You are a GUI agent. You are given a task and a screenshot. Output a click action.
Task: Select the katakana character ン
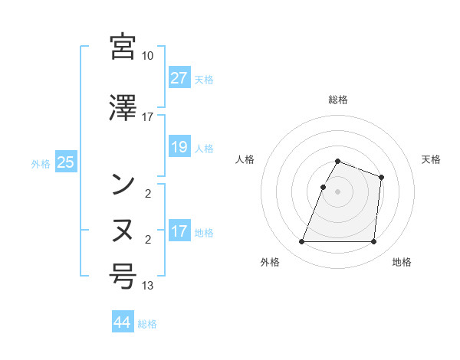(x=123, y=183)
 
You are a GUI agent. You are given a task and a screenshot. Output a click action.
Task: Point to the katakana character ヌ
(x=123, y=229)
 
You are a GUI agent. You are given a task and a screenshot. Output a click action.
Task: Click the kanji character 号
(x=123, y=275)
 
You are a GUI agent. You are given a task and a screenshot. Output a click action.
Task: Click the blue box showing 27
(x=179, y=78)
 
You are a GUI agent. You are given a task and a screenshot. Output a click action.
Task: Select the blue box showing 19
(x=179, y=147)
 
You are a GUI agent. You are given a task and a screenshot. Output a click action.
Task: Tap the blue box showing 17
(x=179, y=231)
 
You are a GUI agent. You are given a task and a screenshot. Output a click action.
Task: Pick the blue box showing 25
(x=65, y=162)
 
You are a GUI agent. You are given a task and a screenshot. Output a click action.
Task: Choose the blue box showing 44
(x=122, y=322)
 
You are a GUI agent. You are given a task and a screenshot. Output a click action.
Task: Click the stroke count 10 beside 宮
(x=148, y=56)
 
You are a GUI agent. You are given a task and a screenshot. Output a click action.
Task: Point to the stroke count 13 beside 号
(x=148, y=286)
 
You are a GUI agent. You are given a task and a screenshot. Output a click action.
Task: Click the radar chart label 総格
(x=338, y=100)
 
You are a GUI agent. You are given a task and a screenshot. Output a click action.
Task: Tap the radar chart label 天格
(x=431, y=159)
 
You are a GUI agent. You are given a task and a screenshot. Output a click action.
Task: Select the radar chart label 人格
(x=245, y=159)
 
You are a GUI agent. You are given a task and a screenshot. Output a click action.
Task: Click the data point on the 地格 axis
(x=373, y=242)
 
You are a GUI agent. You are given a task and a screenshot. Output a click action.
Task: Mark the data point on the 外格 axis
(x=302, y=242)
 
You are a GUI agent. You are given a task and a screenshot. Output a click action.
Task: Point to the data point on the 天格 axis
(x=381, y=178)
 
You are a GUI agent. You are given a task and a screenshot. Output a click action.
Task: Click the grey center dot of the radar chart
(x=338, y=191)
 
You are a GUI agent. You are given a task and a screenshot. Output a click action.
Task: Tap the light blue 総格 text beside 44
(x=147, y=324)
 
